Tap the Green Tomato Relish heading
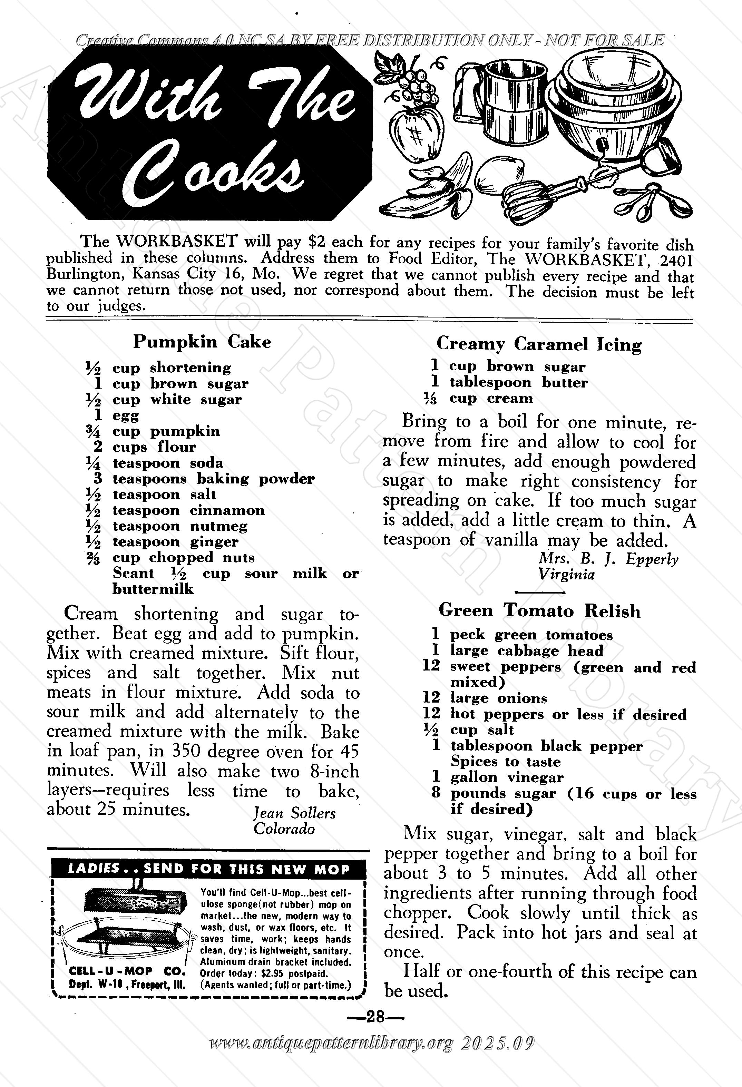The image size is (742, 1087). point(539,610)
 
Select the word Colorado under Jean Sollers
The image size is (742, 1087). point(284,829)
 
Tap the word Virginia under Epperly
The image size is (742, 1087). point(566,574)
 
